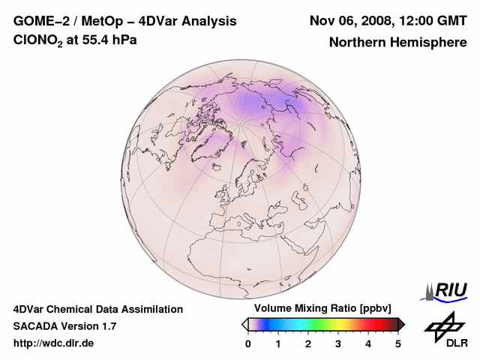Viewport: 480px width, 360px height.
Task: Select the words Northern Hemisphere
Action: click(x=397, y=42)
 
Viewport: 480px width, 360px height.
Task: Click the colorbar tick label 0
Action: click(x=248, y=344)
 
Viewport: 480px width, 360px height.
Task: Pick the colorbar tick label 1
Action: click(x=278, y=344)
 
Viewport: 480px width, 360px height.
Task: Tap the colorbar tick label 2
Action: click(x=308, y=344)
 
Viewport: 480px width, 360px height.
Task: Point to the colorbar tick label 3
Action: click(x=338, y=344)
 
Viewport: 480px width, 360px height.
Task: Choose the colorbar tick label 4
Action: click(x=368, y=344)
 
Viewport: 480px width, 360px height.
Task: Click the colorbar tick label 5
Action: click(x=398, y=344)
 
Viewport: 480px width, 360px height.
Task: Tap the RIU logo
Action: click(x=448, y=290)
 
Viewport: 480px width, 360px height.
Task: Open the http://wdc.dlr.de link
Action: click(x=54, y=343)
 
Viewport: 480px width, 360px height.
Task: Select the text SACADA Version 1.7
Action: click(x=64, y=326)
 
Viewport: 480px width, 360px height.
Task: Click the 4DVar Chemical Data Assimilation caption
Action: click(x=97, y=309)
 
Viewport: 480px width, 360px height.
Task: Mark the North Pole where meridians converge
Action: click(x=241, y=121)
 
